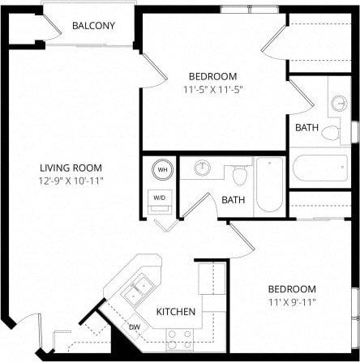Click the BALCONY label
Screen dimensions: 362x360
(x=93, y=26)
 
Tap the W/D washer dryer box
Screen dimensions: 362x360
(x=160, y=197)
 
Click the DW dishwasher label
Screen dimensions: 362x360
(x=135, y=326)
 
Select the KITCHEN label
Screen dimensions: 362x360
(x=175, y=311)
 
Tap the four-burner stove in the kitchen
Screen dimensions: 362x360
(x=178, y=337)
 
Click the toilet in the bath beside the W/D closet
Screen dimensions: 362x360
(x=239, y=174)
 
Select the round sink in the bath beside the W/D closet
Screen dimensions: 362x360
(x=201, y=168)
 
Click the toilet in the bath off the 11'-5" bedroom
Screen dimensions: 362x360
(x=331, y=132)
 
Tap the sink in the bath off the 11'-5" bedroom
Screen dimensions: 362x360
(x=339, y=104)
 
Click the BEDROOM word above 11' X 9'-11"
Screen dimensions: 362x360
(x=293, y=289)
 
